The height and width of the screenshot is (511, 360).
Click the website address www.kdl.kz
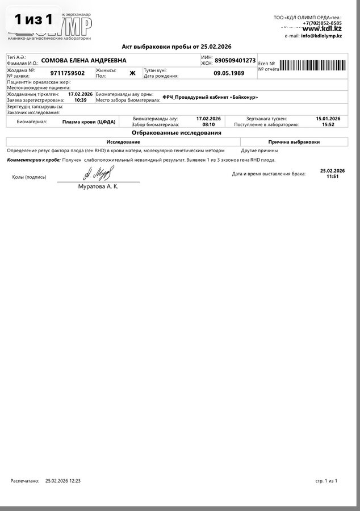321,28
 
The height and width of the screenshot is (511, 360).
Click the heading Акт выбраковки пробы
177,47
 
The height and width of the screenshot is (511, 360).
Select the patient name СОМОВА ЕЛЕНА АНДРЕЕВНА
84,60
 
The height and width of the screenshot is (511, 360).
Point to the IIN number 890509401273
235,60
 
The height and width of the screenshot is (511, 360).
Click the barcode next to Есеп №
313,65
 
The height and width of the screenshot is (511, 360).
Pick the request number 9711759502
68,73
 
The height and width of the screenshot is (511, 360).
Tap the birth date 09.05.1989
229,73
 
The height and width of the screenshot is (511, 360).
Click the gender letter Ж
132,73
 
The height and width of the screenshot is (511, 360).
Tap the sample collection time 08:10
208,124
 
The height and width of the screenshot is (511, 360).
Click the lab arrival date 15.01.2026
328,119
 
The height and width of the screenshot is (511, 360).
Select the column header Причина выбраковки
294,141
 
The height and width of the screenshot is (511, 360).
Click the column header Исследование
123,141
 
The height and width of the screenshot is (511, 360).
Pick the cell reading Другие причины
259,150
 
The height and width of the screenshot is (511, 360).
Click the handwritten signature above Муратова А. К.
99,173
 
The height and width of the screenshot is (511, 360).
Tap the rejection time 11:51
332,177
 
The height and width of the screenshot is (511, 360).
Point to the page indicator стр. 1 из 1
326,480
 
